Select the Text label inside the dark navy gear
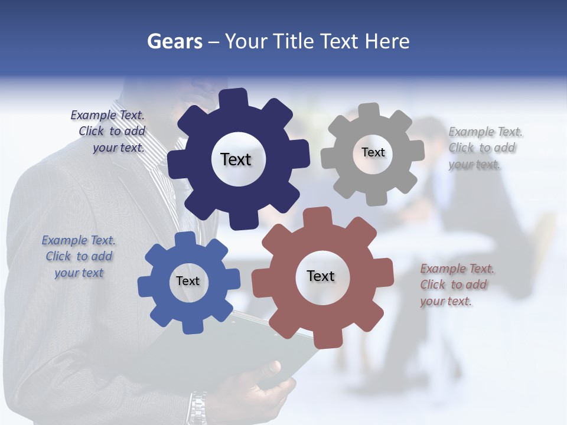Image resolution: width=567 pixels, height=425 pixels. click(x=236, y=159)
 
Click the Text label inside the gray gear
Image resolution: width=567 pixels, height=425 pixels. click(x=373, y=152)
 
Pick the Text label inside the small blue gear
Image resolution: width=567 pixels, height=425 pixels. click(x=188, y=281)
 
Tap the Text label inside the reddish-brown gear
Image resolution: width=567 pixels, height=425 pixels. click(x=321, y=276)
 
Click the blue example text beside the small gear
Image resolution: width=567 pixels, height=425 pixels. click(x=79, y=256)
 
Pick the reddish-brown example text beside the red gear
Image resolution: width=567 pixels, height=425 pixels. click(x=456, y=285)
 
